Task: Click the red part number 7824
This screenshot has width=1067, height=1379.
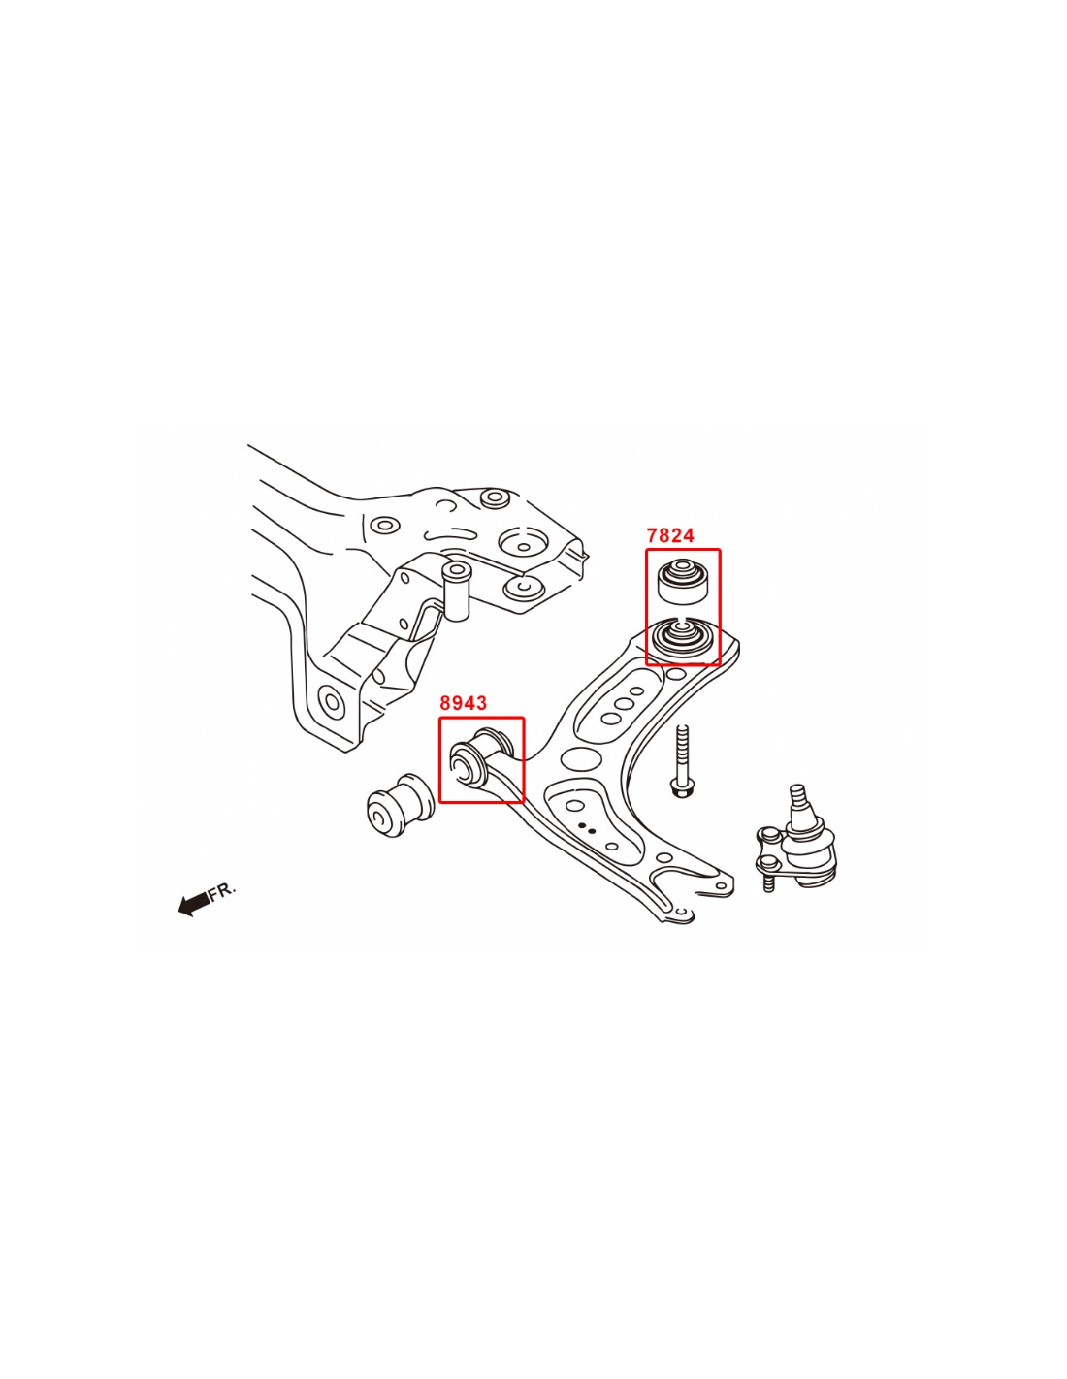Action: click(x=670, y=535)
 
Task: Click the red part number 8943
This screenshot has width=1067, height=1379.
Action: click(x=464, y=703)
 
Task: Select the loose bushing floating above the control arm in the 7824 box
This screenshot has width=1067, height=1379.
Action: click(x=682, y=580)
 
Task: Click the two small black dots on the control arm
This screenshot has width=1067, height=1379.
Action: click(x=587, y=828)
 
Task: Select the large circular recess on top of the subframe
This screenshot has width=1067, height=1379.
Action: click(x=523, y=543)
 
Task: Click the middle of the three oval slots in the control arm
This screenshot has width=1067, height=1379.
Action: click(x=625, y=704)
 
